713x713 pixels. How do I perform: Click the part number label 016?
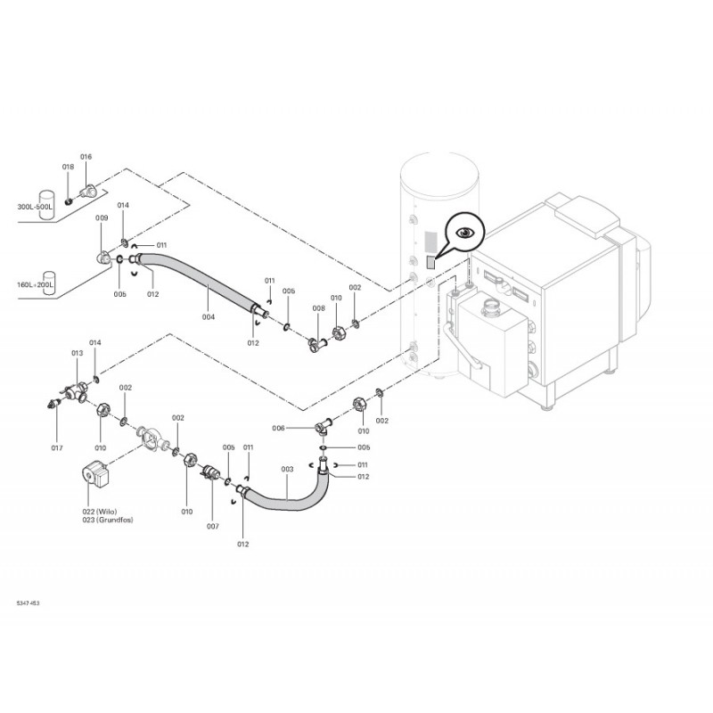pyautogui.click(x=86, y=157)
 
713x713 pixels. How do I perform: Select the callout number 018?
pyautogui.click(x=68, y=167)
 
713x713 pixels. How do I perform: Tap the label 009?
pyautogui.click(x=102, y=218)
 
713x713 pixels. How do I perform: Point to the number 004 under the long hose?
pyautogui.click(x=209, y=316)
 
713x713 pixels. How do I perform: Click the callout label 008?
pyautogui.click(x=318, y=308)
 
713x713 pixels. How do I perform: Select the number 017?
pyautogui.click(x=57, y=447)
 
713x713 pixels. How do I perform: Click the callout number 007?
pyautogui.click(x=213, y=526)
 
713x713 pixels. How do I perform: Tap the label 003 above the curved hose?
pyautogui.click(x=287, y=469)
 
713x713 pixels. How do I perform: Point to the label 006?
pyautogui.click(x=279, y=428)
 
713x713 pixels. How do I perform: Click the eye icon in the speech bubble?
pyautogui.click(x=465, y=233)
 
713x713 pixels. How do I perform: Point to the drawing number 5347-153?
pyautogui.click(x=28, y=603)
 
